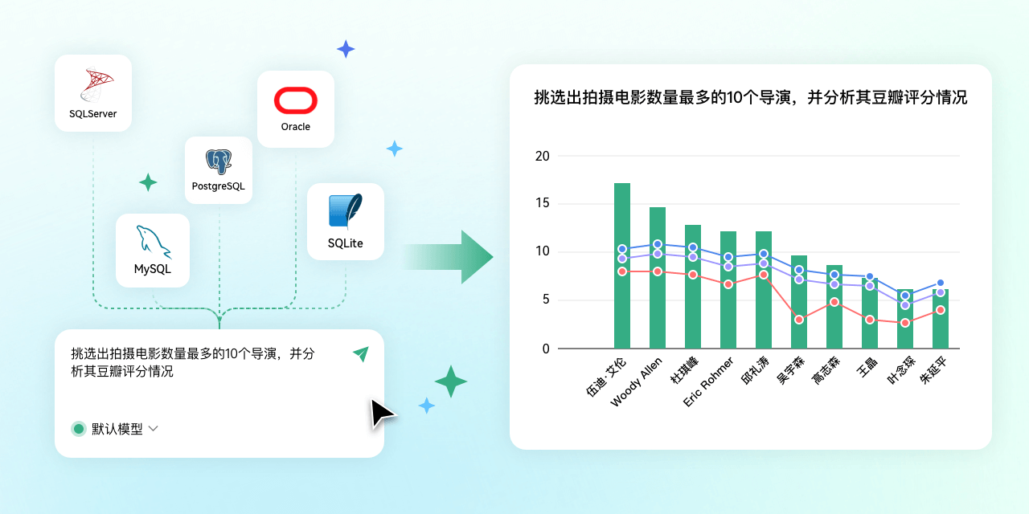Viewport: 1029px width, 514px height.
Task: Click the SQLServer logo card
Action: (93, 92)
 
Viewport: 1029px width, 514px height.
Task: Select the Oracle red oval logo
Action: (296, 100)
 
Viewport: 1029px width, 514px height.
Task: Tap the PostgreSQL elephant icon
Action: (219, 161)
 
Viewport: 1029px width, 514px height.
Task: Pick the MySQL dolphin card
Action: (153, 250)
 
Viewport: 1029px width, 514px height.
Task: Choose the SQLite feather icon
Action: (346, 211)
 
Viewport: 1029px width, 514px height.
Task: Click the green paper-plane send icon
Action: (360, 353)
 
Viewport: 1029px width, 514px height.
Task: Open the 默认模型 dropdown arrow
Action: (153, 429)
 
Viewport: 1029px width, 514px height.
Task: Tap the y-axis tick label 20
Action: (543, 156)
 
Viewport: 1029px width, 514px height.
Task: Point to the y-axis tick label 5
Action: (546, 300)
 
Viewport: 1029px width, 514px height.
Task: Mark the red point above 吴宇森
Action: (799, 320)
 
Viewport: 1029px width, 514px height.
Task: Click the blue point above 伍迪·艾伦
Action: (622, 249)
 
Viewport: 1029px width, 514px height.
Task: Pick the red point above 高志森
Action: (834, 302)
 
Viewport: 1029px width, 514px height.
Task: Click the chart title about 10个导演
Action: (750, 98)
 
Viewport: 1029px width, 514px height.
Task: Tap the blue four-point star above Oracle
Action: (346, 50)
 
